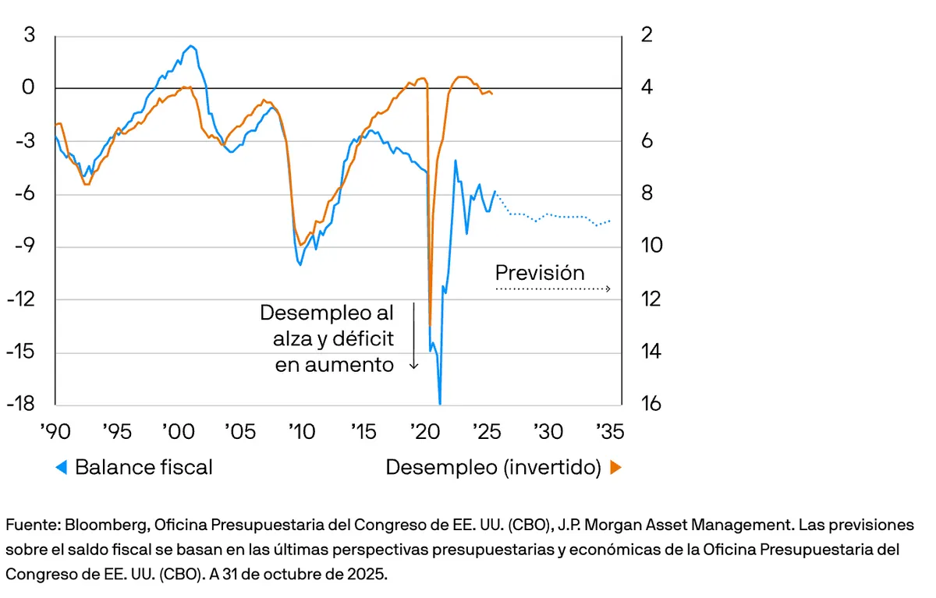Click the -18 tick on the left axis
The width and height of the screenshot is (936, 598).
tap(23, 404)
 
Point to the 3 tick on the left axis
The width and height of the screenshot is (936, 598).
tap(30, 35)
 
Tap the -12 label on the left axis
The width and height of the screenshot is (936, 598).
tap(23, 299)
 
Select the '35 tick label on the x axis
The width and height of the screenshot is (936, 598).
tap(610, 430)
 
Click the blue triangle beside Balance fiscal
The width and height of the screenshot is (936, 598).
tap(61, 468)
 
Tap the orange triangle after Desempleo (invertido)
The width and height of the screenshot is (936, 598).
tap(615, 468)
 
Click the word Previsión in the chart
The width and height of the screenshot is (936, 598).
tap(540, 273)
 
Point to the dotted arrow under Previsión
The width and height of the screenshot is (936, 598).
tap(552, 289)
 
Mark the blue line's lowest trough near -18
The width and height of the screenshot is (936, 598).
tap(440, 403)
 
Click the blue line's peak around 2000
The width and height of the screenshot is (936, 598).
tap(192, 46)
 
